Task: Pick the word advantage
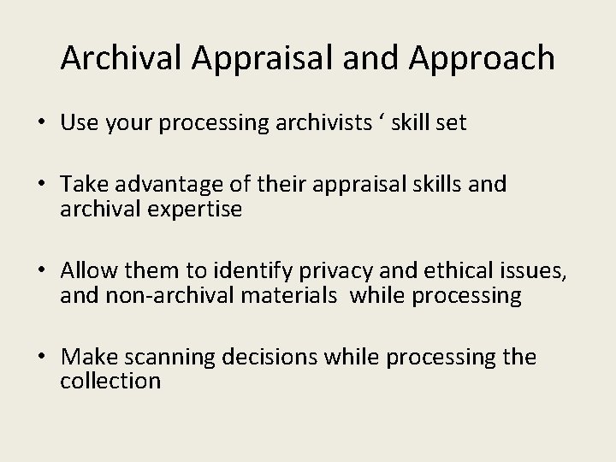[x=178, y=185]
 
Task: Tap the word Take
[x=84, y=185]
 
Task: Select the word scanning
[x=175, y=357]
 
